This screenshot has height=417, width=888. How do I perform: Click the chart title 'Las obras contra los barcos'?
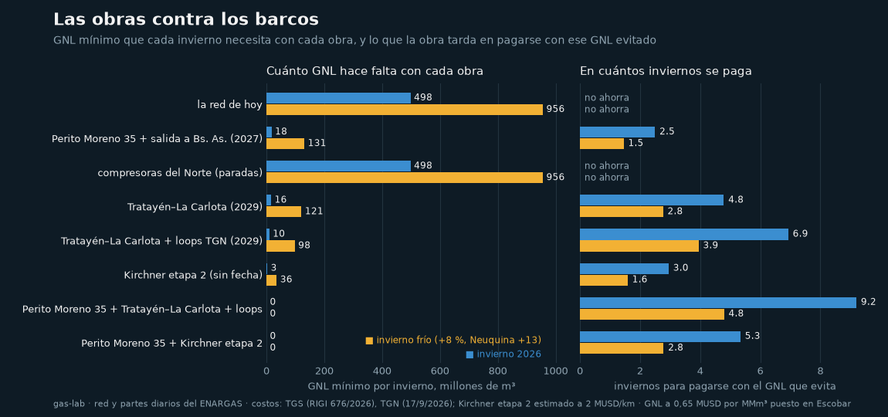pos(186,19)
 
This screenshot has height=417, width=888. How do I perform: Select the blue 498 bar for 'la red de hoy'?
pos(339,98)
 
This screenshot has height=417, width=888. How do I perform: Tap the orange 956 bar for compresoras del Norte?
pos(405,178)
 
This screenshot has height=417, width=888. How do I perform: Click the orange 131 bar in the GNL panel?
pos(286,144)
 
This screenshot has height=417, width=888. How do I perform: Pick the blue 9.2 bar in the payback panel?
pos(718,303)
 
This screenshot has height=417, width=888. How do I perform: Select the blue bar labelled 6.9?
pos(684,235)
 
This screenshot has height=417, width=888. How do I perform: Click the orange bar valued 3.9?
pos(639,246)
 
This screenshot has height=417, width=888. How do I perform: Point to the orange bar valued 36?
pos(272,280)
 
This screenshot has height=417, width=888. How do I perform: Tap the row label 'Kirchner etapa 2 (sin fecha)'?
pos(193,276)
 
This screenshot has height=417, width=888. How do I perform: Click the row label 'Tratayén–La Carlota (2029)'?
pos(195,208)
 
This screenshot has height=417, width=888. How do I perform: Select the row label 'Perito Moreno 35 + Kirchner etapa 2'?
pos(171,344)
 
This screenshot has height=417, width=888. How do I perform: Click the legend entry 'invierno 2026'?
pos(503,354)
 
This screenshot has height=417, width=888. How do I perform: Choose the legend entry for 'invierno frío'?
pos(453,340)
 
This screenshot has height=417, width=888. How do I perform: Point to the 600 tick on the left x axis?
pos(440,371)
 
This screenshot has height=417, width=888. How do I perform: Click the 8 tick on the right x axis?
pos(820,371)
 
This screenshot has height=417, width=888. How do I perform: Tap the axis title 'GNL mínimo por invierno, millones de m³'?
pos(412,386)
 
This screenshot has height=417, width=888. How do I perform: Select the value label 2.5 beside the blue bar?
pos(666,131)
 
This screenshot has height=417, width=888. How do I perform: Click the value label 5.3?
pos(752,336)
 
